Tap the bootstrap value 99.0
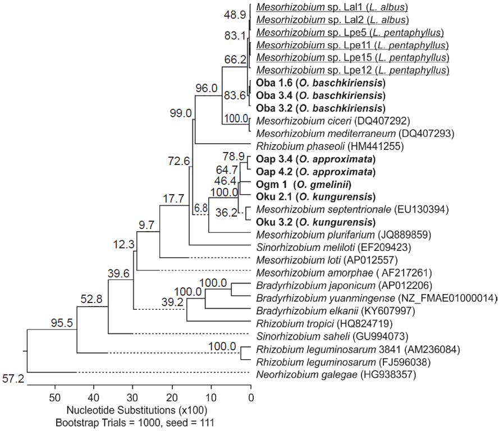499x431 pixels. [180, 114]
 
